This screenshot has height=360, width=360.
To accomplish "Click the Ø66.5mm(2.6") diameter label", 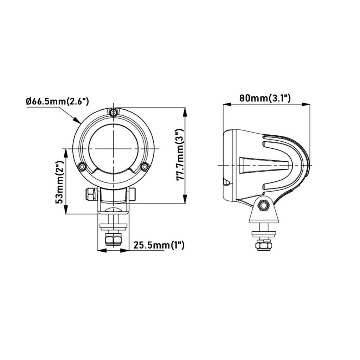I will [57, 102].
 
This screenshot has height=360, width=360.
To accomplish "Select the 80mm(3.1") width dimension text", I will [265, 98].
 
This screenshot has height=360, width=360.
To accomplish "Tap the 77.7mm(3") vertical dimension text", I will [180, 155].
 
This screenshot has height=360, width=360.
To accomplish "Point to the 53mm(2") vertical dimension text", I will [60, 182].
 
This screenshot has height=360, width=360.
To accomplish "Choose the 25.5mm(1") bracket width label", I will [159, 245].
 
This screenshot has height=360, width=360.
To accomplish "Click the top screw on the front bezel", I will [113, 113].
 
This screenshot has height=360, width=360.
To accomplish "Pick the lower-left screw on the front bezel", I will [82, 166].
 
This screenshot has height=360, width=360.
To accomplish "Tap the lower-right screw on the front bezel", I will [144, 167].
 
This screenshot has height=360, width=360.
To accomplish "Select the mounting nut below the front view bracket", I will [113, 239].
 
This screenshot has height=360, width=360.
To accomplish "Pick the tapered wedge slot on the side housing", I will [264, 165].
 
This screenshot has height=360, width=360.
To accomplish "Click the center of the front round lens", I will [113, 149].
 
